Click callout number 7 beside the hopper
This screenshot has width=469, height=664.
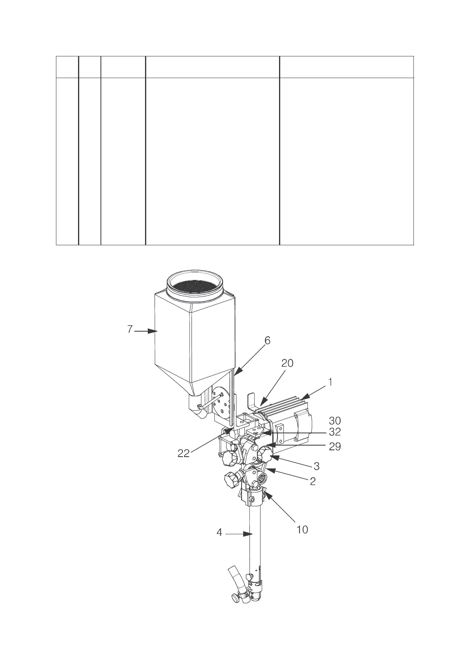(x=130, y=329)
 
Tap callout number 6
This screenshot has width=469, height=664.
(x=267, y=341)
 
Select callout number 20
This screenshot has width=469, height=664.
(x=287, y=363)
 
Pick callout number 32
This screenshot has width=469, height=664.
(x=335, y=432)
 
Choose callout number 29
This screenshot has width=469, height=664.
(x=335, y=447)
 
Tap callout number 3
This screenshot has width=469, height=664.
(x=316, y=466)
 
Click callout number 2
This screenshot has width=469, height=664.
(x=313, y=481)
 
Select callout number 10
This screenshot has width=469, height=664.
(x=302, y=530)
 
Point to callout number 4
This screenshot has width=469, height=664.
(x=219, y=533)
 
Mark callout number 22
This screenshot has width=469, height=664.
(x=183, y=453)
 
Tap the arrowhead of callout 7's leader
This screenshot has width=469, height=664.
(x=154, y=331)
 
